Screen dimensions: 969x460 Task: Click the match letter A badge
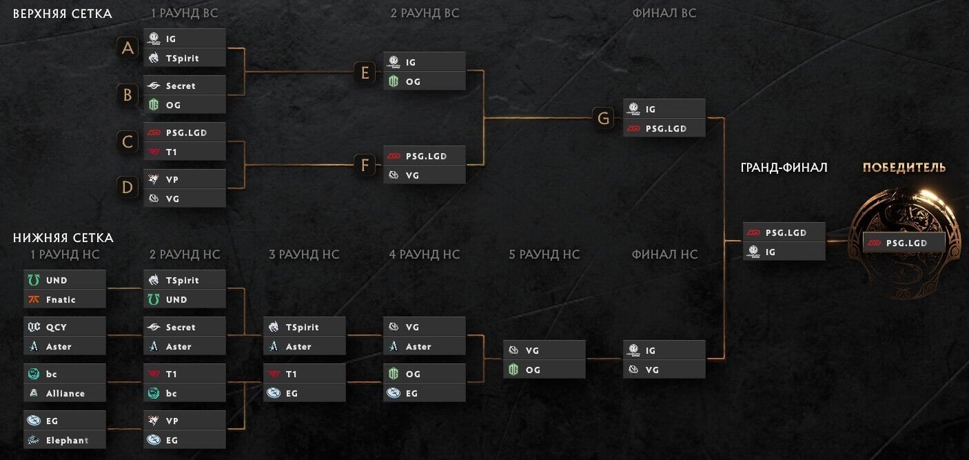[127, 48]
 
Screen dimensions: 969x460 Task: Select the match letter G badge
[603, 118]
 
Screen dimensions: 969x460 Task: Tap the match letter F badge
[365, 165]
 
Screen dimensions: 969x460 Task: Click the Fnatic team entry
[65, 299]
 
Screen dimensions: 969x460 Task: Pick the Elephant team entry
[65, 440]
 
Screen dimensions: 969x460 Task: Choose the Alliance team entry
[65, 393]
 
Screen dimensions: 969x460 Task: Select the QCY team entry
[65, 327]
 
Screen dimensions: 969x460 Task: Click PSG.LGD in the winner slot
[904, 243]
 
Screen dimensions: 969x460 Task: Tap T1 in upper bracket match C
[184, 152]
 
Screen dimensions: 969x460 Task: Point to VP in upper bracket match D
[184, 179]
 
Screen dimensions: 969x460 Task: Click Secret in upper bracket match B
[184, 86]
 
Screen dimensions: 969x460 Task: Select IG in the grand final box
[784, 252]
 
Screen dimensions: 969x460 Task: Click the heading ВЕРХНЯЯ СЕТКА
[63, 14]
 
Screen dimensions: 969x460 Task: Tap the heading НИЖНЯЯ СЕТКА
[63, 237]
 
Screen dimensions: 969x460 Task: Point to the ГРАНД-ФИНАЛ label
[784, 167]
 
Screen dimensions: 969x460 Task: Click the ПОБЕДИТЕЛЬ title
[904, 167]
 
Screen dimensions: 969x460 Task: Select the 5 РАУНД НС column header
[544, 254]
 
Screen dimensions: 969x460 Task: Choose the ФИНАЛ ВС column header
[664, 13]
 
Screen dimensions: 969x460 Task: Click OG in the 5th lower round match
[544, 369]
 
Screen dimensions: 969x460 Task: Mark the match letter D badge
[127, 188]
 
